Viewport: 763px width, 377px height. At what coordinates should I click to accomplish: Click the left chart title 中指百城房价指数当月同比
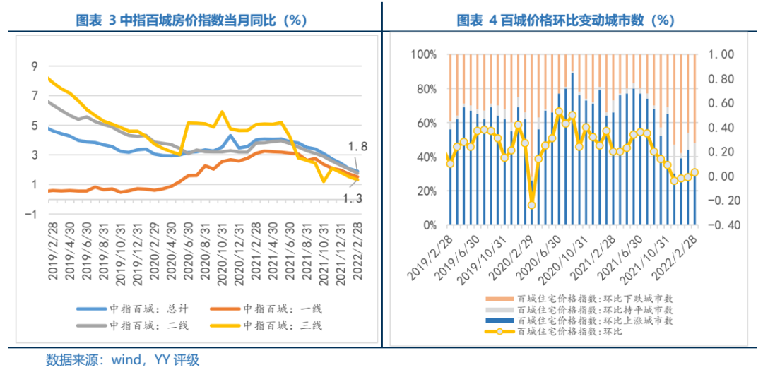tap(191, 20)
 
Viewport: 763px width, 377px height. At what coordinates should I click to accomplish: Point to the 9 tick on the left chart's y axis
tap(34, 66)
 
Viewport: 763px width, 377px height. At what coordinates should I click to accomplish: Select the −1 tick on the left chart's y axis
tap(31, 214)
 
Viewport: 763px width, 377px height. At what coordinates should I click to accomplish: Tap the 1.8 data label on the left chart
tap(357, 147)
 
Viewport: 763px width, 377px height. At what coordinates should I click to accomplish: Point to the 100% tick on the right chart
tap(424, 54)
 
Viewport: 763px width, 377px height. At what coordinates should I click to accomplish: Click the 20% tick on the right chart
tap(427, 191)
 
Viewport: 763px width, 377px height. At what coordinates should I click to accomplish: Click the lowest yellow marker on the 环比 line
tap(531, 205)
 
